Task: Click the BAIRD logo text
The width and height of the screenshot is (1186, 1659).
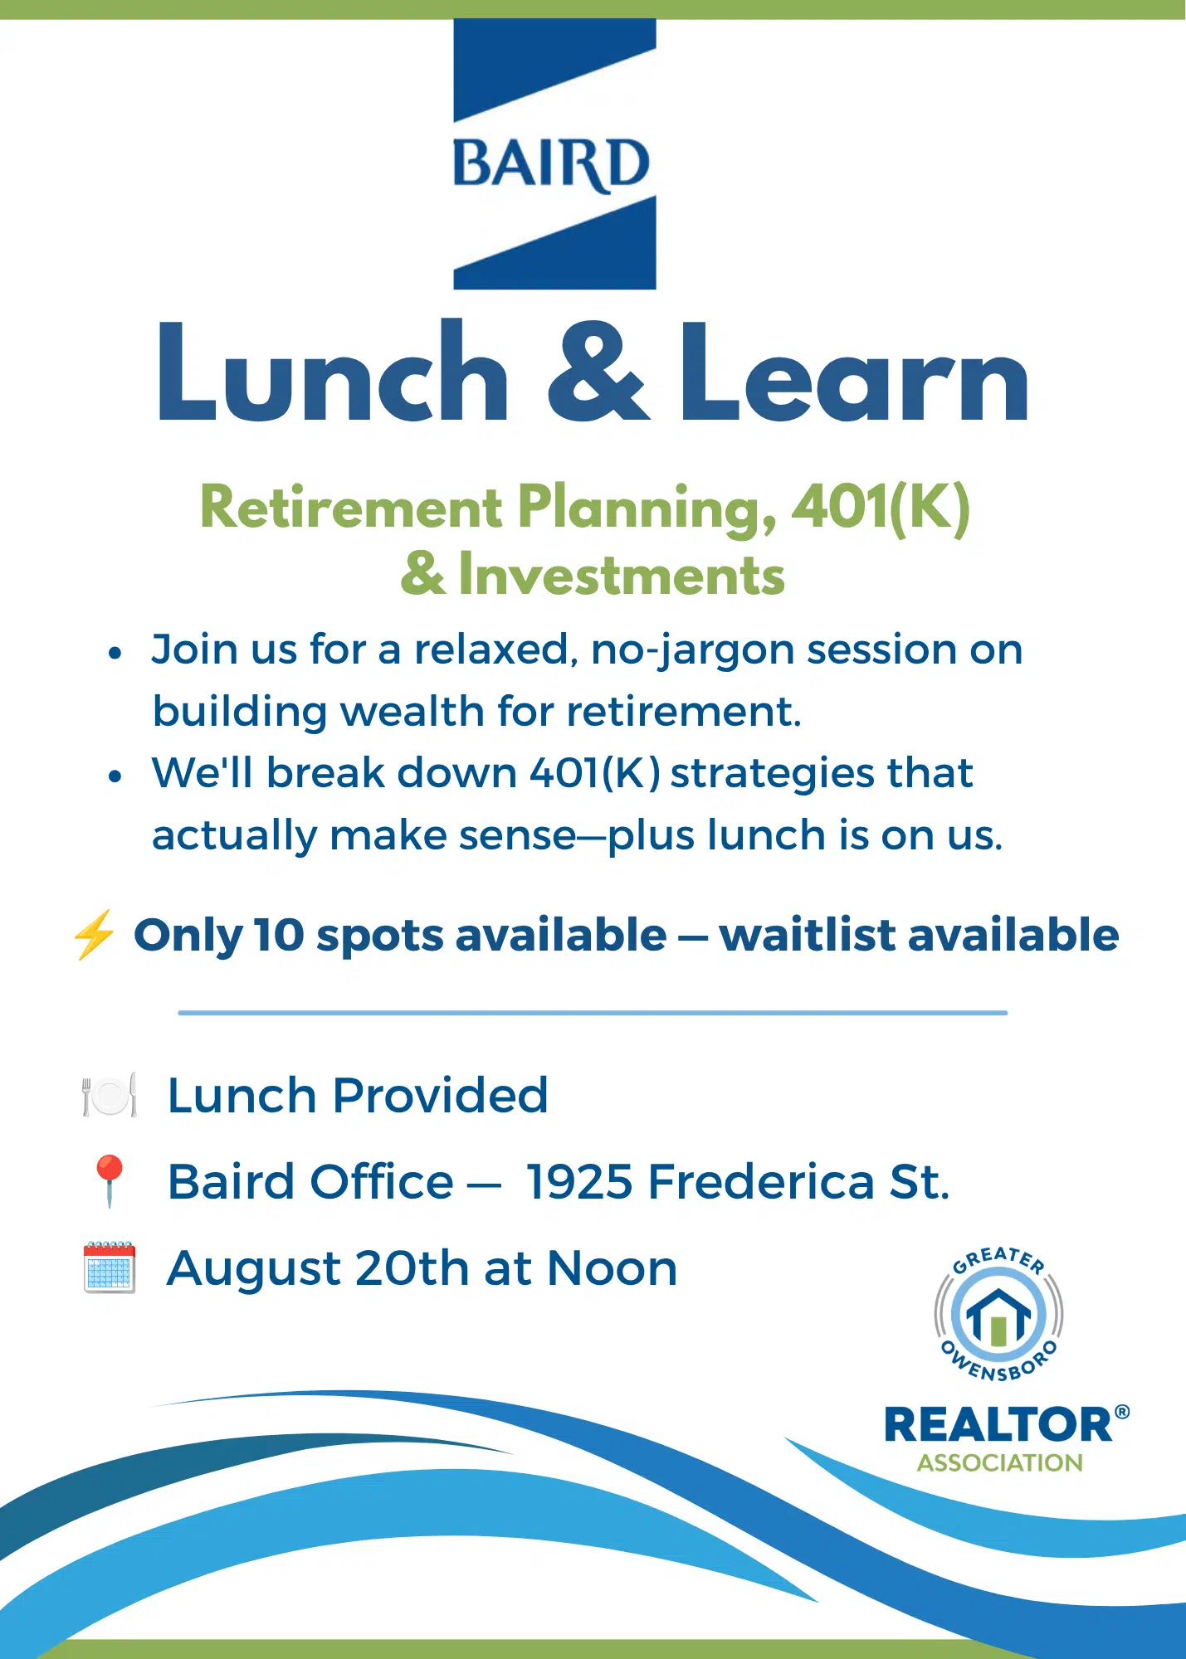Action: pyautogui.click(x=551, y=163)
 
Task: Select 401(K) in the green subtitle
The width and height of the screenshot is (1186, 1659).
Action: pyautogui.click(x=881, y=508)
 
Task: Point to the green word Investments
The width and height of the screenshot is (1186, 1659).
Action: pyautogui.click(x=622, y=574)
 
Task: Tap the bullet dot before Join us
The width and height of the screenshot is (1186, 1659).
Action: pyautogui.click(x=115, y=653)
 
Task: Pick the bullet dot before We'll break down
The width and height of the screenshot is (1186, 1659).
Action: pyautogui.click(x=115, y=776)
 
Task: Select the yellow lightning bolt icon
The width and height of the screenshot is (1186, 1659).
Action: pyautogui.click(x=93, y=935)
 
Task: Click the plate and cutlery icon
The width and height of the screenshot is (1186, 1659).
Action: pyautogui.click(x=110, y=1096)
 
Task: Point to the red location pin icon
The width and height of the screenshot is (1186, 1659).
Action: pyautogui.click(x=110, y=1180)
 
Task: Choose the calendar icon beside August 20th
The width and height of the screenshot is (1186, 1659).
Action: pyautogui.click(x=110, y=1267)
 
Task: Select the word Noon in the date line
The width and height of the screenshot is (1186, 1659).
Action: pyautogui.click(x=612, y=1268)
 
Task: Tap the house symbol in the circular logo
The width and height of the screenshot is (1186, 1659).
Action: pyautogui.click(x=998, y=1315)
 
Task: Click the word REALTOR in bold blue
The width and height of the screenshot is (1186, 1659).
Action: pyautogui.click(x=998, y=1424)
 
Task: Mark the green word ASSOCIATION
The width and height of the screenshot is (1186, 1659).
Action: pyautogui.click(x=999, y=1462)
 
